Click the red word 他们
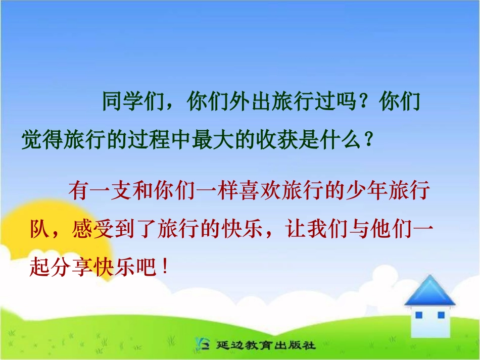[390, 230]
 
